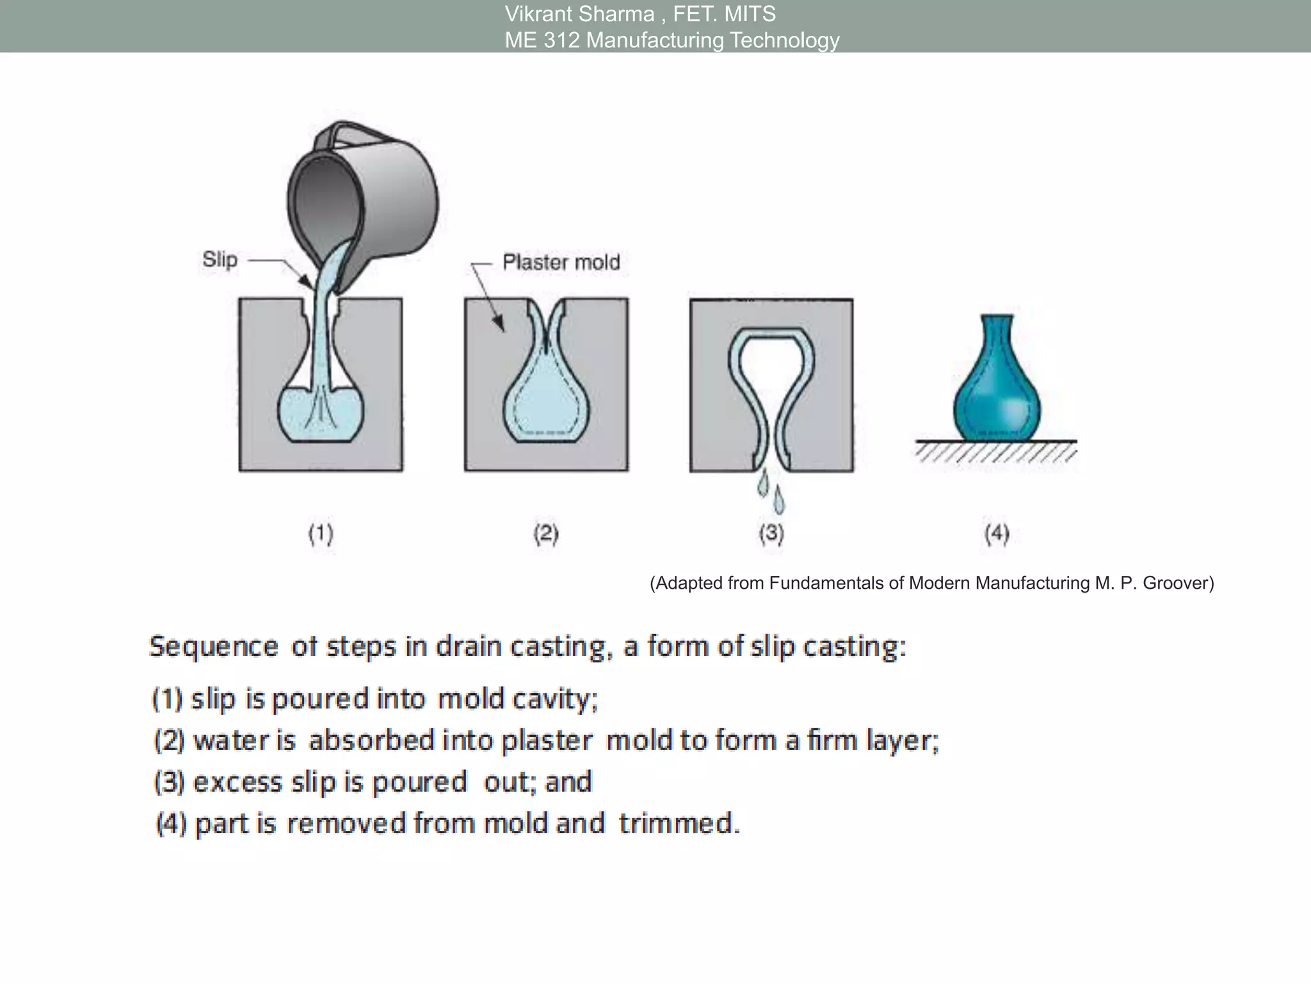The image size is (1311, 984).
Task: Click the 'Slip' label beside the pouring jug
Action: [x=220, y=259]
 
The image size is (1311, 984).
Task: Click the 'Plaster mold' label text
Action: [x=561, y=262]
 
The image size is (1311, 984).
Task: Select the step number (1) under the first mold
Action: [x=321, y=534]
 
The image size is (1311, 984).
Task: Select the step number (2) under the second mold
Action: [x=546, y=534]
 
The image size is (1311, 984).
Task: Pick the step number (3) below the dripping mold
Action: [x=771, y=534]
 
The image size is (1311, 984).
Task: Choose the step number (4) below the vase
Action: [x=997, y=534]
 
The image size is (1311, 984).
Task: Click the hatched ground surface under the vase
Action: [x=995, y=452]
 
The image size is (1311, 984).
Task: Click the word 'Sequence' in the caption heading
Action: [x=213, y=646]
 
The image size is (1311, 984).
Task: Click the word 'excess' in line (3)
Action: [x=237, y=782]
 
